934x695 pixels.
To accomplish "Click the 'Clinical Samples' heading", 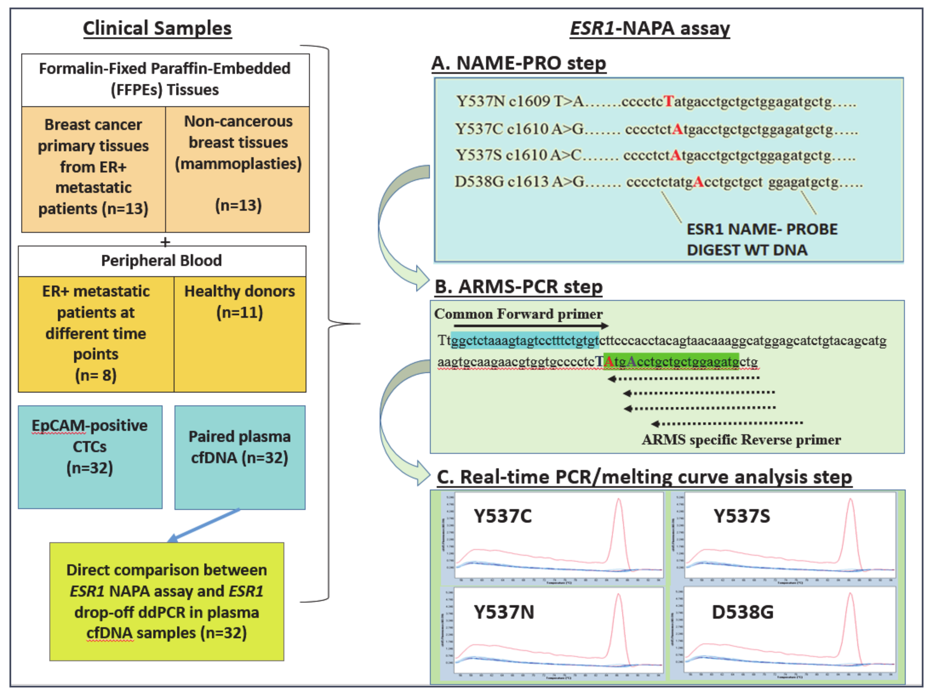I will (157, 29).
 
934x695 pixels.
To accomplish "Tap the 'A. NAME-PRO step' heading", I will (519, 63).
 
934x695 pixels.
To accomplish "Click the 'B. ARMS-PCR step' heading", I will (519, 287).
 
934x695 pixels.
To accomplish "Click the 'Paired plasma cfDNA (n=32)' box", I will (239, 457).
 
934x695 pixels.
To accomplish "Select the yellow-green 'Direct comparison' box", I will (167, 601).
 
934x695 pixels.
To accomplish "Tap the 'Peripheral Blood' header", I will (162, 261).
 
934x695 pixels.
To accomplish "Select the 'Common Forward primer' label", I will (518, 314).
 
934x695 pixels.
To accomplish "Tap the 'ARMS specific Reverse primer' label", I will (741, 440).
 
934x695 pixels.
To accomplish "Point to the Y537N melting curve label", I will (504, 612).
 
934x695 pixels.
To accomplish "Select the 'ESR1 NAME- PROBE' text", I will (762, 229).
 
